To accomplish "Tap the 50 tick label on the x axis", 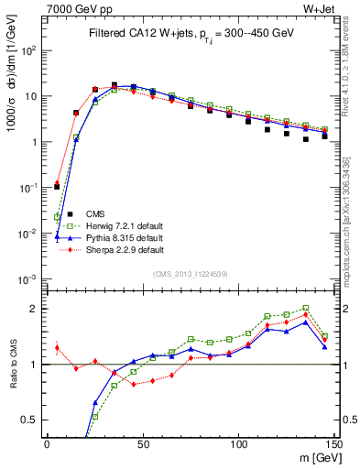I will click(142, 443).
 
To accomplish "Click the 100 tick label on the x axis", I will click(238, 443).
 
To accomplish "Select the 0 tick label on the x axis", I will click(47, 443).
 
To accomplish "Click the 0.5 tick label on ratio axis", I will click(29, 420).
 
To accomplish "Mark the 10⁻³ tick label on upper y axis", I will click(27, 278).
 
